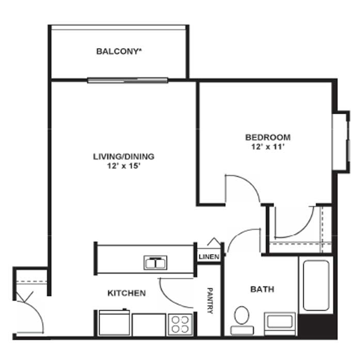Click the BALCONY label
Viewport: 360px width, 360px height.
click(119, 51)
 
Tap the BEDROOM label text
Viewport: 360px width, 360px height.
click(268, 137)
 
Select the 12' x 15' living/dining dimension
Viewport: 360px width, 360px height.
click(124, 166)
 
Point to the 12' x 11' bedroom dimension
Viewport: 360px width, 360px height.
click(268, 147)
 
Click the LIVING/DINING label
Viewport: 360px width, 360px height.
click(123, 156)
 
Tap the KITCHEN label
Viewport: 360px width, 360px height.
click(127, 293)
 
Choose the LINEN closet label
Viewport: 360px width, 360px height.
click(209, 257)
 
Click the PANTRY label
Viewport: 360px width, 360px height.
click(210, 301)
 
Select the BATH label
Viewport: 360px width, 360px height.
click(262, 289)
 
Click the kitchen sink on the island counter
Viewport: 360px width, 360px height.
click(155, 262)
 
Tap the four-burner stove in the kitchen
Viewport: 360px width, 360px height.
click(180, 324)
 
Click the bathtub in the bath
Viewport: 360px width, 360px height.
click(316, 286)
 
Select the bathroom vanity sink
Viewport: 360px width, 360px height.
click(280, 323)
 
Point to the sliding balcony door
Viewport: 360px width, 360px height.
click(128, 81)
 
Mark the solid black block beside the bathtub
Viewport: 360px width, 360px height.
click(318, 326)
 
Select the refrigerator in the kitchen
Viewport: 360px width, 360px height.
click(114, 323)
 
